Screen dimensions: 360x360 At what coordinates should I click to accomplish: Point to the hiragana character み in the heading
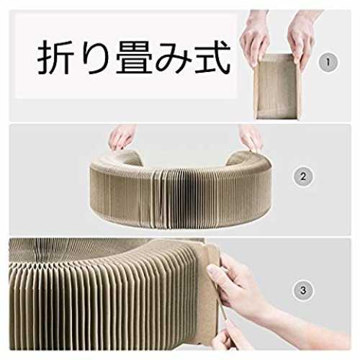pos(174,57)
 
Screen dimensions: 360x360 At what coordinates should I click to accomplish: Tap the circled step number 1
pos(328,63)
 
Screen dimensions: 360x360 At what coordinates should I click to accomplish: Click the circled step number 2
pos(303,177)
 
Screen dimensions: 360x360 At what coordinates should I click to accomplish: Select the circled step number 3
pos(303,291)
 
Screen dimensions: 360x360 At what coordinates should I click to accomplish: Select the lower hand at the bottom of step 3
pos(229,336)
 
